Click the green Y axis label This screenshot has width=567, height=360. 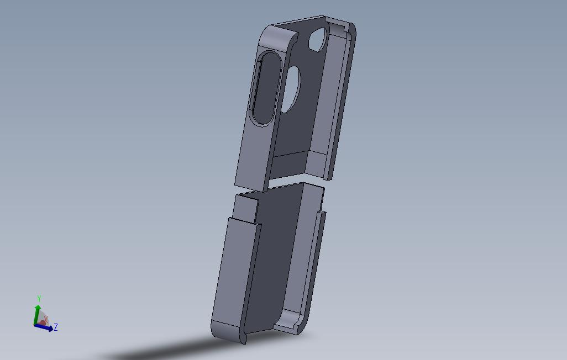(x=39, y=299)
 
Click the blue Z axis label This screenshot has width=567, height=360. (x=56, y=327)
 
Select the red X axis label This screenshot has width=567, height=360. (x=46, y=319)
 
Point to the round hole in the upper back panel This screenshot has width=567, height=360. (x=291, y=88)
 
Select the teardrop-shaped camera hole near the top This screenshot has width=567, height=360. (x=317, y=40)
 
